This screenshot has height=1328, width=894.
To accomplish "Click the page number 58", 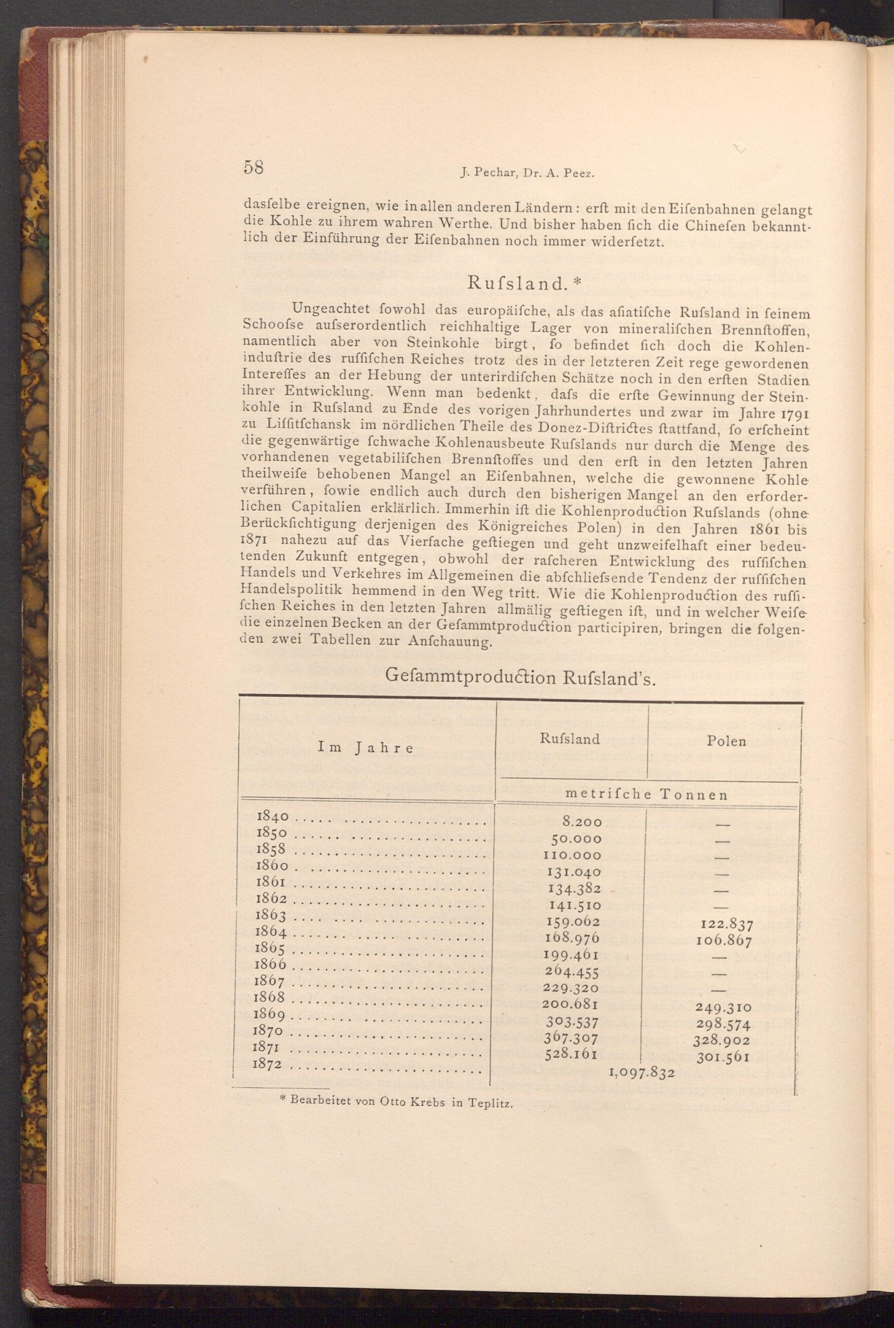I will pyautogui.click(x=253, y=168).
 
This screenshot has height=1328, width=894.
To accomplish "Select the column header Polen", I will pyautogui.click(x=726, y=741).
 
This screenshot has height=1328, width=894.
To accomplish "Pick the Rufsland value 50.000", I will pyautogui.click(x=577, y=838).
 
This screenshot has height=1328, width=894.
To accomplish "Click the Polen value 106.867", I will pyautogui.click(x=724, y=941).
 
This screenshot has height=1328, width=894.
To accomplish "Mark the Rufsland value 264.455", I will pyautogui.click(x=572, y=972).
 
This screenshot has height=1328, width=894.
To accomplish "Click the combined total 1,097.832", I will pyautogui.click(x=642, y=1073).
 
